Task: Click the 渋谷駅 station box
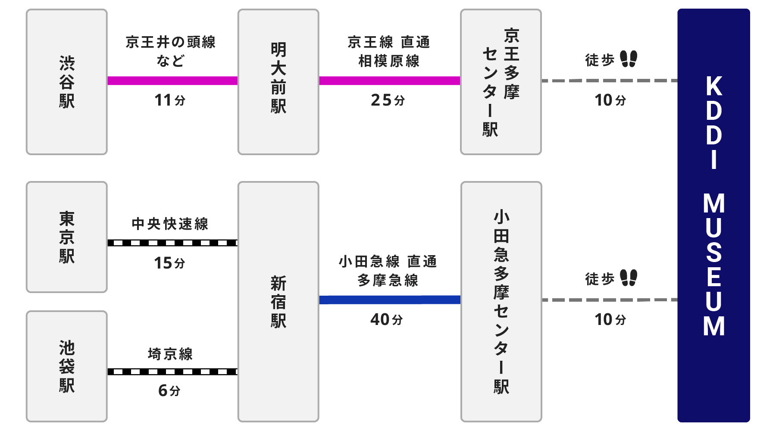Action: point(66,82)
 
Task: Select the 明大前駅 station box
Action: point(278,82)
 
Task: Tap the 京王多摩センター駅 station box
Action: point(501,82)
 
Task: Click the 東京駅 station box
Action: point(66,237)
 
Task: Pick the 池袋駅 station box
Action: point(66,366)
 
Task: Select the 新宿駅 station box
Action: point(278,302)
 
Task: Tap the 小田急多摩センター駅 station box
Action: point(501,302)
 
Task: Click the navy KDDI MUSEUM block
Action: point(713,215)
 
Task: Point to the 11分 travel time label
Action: point(170,100)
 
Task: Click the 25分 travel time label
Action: point(388,100)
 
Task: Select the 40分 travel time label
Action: point(387,319)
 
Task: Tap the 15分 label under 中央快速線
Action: point(169,262)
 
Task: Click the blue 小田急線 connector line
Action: point(390,300)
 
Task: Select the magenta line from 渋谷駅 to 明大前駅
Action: point(172,81)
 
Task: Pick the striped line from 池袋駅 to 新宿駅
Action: point(172,372)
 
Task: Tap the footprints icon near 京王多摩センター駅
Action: point(629,59)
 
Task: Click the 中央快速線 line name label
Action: point(170,224)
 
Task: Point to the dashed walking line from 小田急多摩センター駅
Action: point(609,300)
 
